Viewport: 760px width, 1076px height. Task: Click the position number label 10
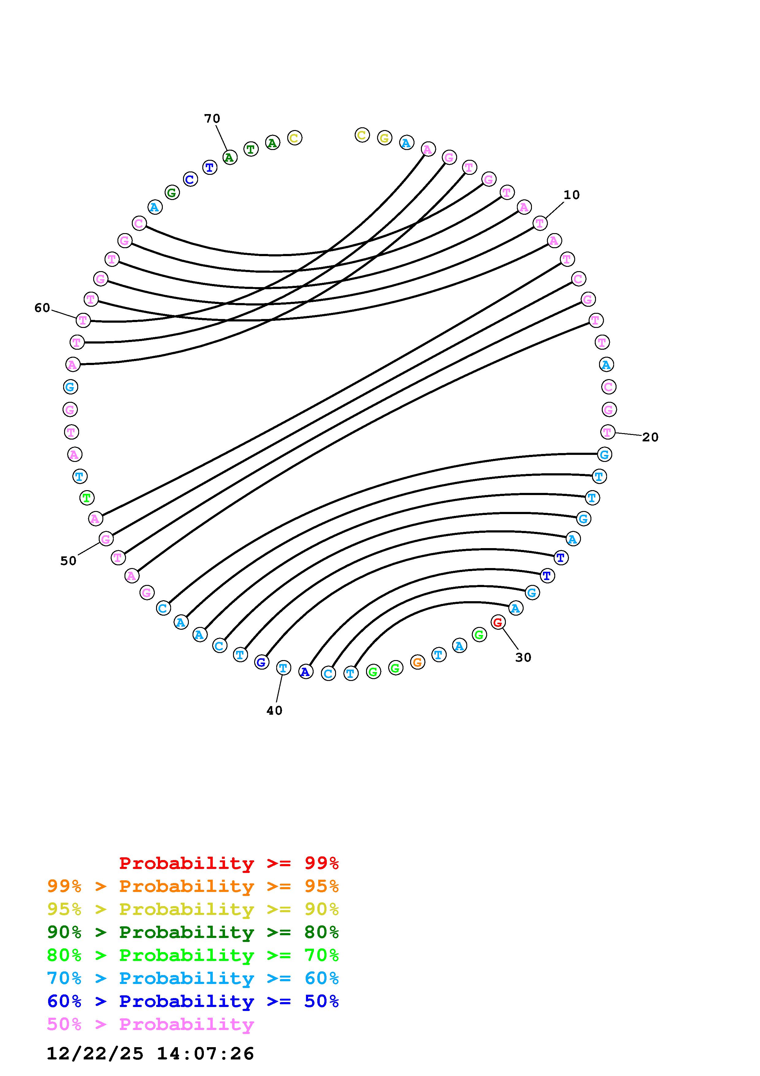[571, 195]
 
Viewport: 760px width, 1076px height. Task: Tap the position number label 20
[650, 437]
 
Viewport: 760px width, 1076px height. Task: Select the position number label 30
[523, 658]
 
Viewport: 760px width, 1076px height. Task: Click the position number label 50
[68, 561]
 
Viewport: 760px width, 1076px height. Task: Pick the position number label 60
[42, 308]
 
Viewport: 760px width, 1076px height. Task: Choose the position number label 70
[212, 119]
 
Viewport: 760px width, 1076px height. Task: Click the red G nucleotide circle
[498, 622]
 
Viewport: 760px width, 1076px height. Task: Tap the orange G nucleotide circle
[417, 662]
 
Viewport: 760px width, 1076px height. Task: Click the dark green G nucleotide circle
[172, 192]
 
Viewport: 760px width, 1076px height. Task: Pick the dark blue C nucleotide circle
[190, 179]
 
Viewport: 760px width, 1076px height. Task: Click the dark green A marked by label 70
[229, 157]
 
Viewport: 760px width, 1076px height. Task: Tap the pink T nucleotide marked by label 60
[83, 321]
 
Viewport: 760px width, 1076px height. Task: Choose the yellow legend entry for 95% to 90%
[193, 909]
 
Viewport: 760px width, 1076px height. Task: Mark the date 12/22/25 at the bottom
[95, 1054]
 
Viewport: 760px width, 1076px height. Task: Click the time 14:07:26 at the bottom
[205, 1054]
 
